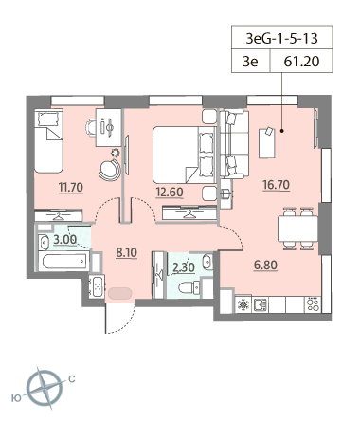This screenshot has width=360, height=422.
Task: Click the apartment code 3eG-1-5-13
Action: [281, 38]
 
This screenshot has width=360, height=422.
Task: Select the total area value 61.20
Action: [301, 62]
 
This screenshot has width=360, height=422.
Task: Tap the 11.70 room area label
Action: [71, 188]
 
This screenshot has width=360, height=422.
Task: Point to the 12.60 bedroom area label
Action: [170, 192]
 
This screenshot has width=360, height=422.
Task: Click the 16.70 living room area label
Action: [277, 185]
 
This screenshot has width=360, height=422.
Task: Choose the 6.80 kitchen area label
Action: [266, 266]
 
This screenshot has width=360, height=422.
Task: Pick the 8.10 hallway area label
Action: [126, 252]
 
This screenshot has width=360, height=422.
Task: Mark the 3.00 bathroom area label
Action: [64, 240]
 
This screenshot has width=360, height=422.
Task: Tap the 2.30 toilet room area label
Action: [184, 267]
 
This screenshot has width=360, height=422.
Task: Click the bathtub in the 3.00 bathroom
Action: [64, 261]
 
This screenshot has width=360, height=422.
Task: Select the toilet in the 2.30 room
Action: [189, 288]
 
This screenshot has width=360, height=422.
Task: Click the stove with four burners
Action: [313, 304]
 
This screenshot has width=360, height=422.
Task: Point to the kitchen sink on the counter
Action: [261, 304]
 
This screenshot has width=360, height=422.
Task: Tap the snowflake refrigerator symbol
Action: [243, 304]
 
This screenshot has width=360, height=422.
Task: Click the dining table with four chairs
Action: [297, 229]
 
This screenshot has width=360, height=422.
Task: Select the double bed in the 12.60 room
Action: [185, 155]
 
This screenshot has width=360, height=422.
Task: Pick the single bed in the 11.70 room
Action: [48, 141]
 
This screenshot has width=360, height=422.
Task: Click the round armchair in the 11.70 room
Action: [110, 170]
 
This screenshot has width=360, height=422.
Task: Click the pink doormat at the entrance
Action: [120, 293]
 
